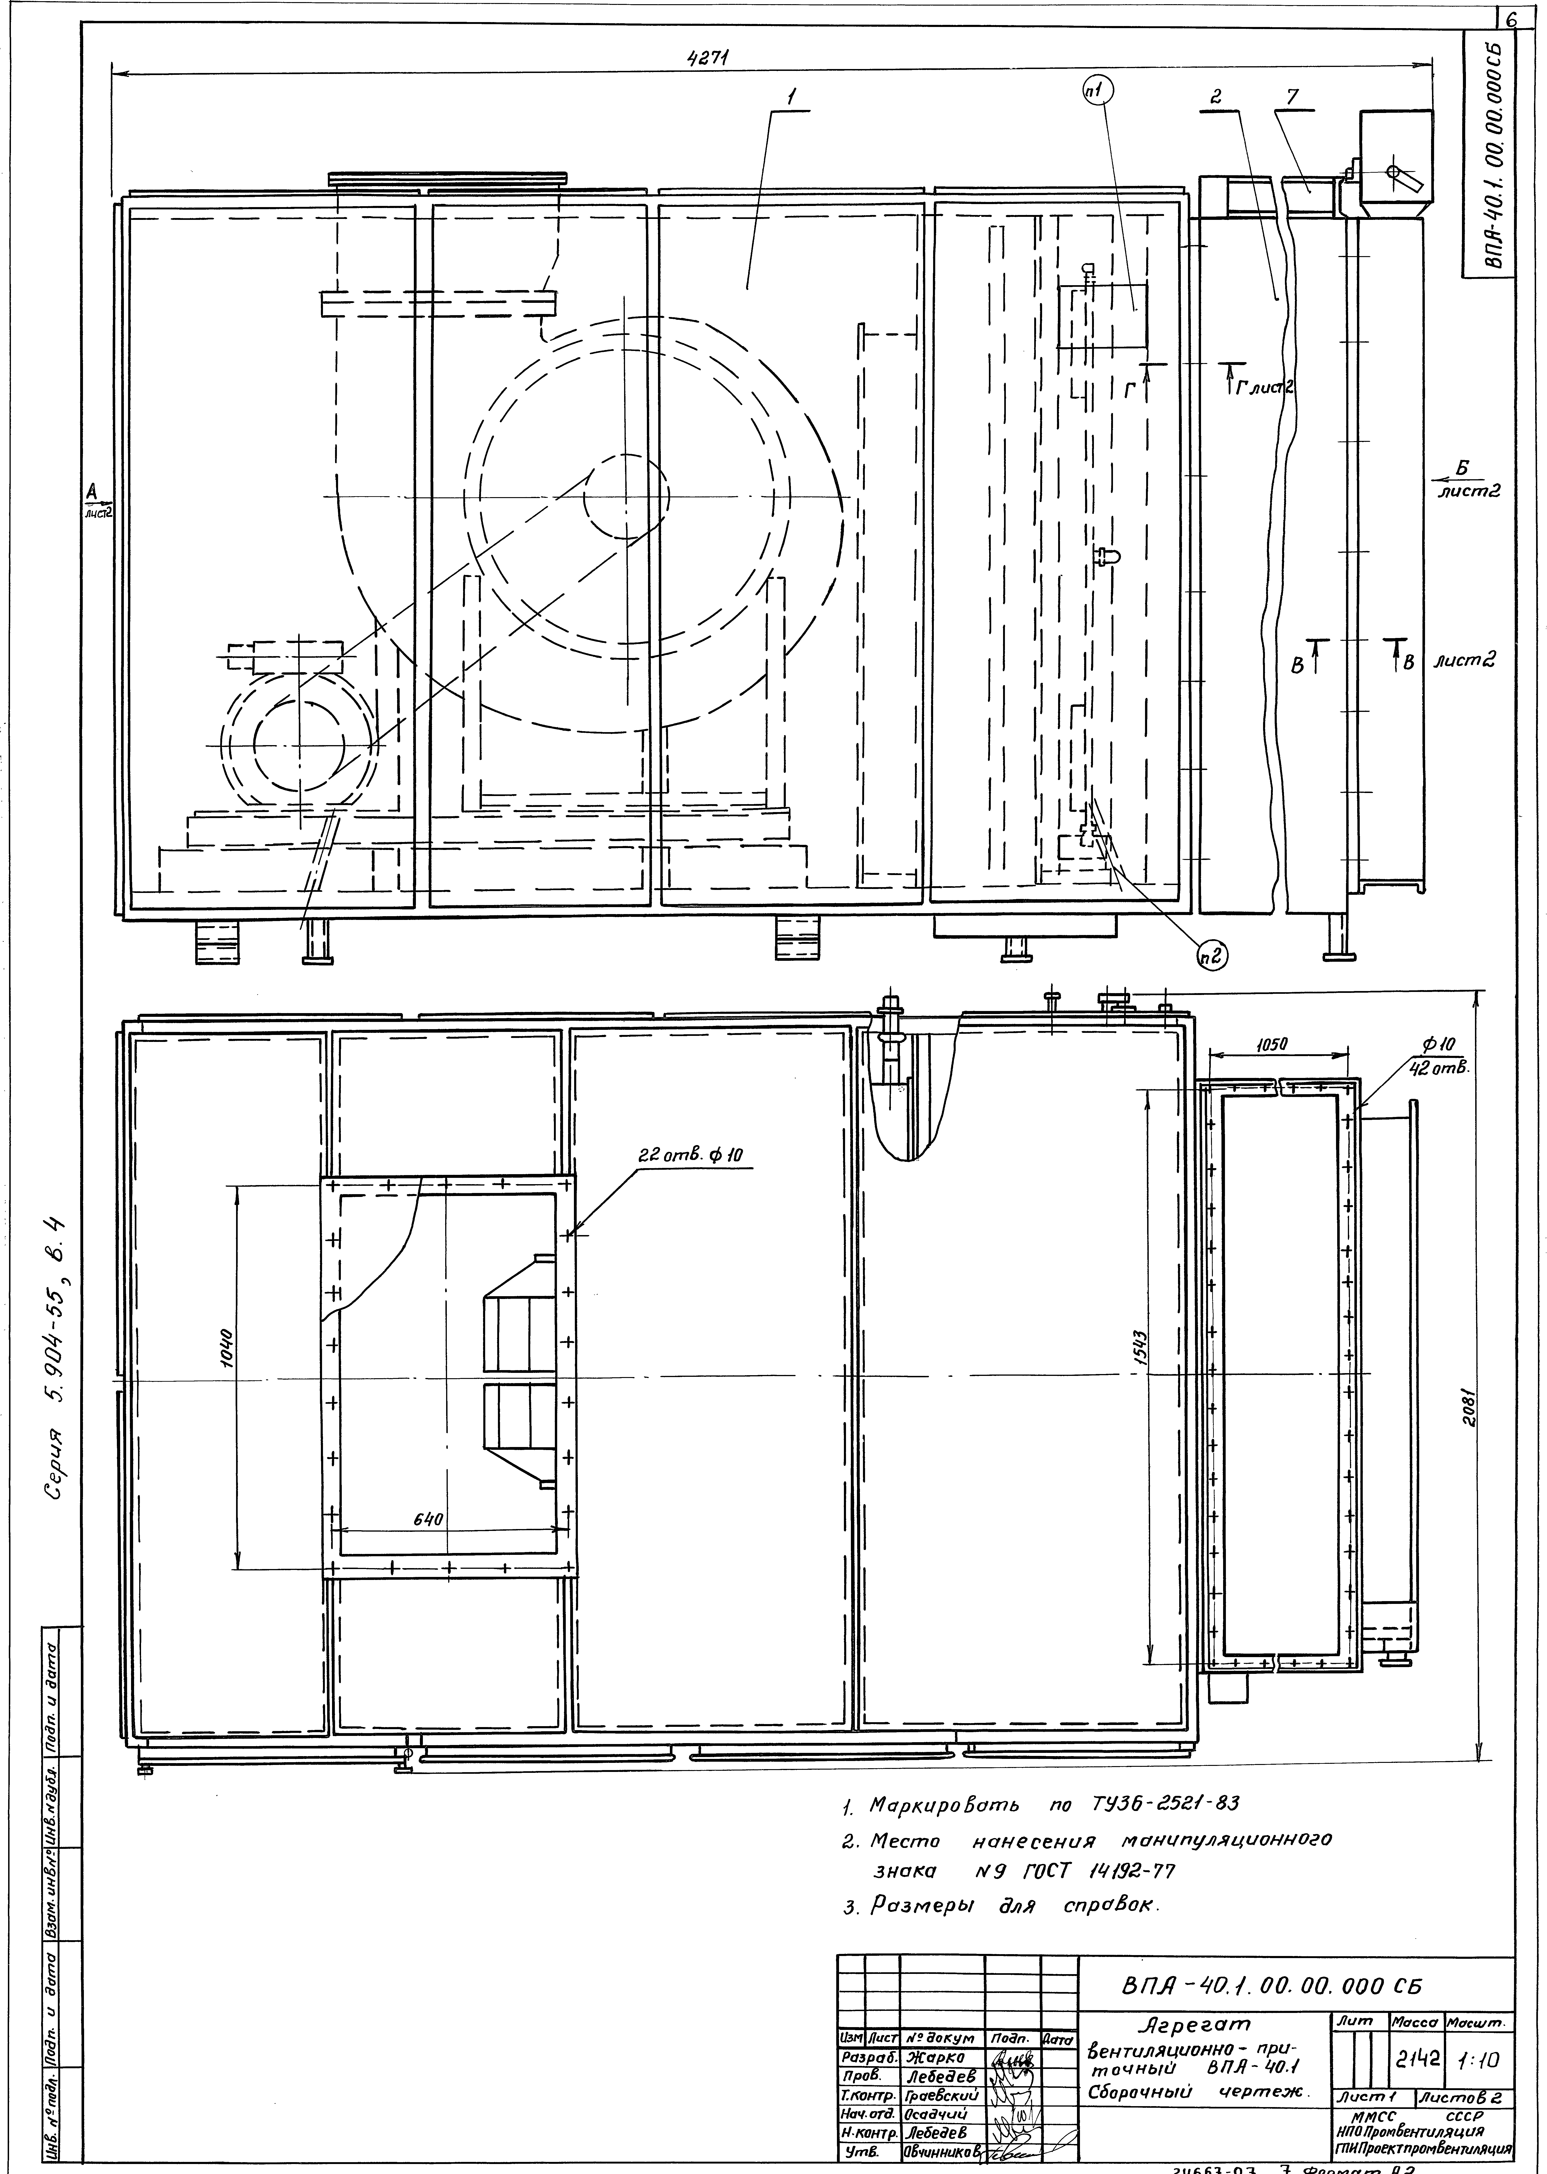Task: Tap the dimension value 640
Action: click(x=428, y=1520)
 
